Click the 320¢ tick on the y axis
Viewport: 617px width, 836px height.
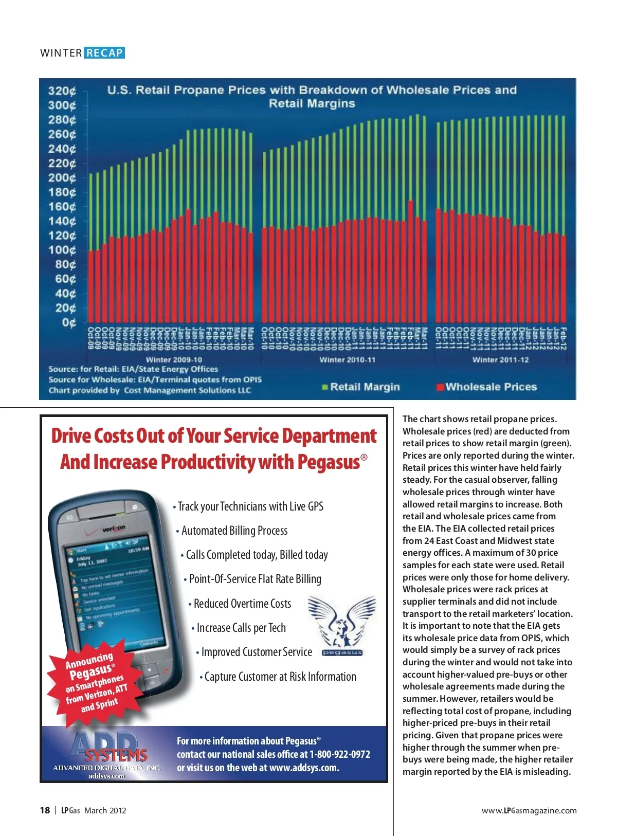62,91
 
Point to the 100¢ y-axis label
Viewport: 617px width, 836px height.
62,250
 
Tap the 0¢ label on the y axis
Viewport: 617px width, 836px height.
69,323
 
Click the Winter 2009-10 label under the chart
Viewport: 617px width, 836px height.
174,360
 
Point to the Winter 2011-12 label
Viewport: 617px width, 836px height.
500,360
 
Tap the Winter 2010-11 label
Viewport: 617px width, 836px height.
348,360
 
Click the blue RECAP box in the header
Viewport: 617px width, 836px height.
104,53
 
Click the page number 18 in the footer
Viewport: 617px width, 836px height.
45,810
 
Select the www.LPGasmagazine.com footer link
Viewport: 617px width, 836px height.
529,810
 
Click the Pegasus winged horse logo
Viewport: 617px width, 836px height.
342,622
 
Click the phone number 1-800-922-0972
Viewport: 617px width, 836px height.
339,754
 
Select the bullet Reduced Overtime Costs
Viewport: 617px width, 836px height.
242,604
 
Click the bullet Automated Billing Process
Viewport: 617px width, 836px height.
234,531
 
